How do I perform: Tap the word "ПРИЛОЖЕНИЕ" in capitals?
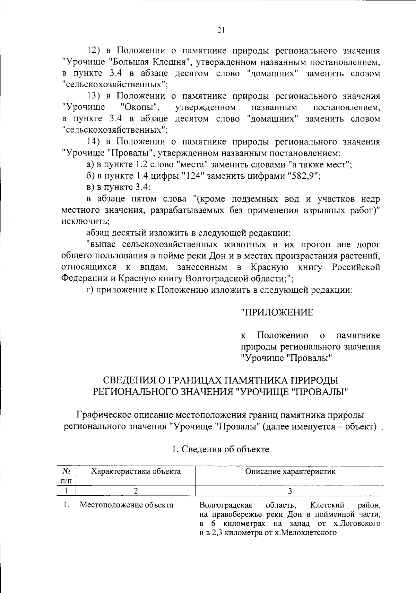click(x=277, y=312)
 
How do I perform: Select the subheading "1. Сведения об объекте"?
click(x=221, y=449)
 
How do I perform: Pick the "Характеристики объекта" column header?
click(x=136, y=471)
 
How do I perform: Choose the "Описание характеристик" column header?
click(x=290, y=471)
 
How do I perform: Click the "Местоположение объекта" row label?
click(x=127, y=505)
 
